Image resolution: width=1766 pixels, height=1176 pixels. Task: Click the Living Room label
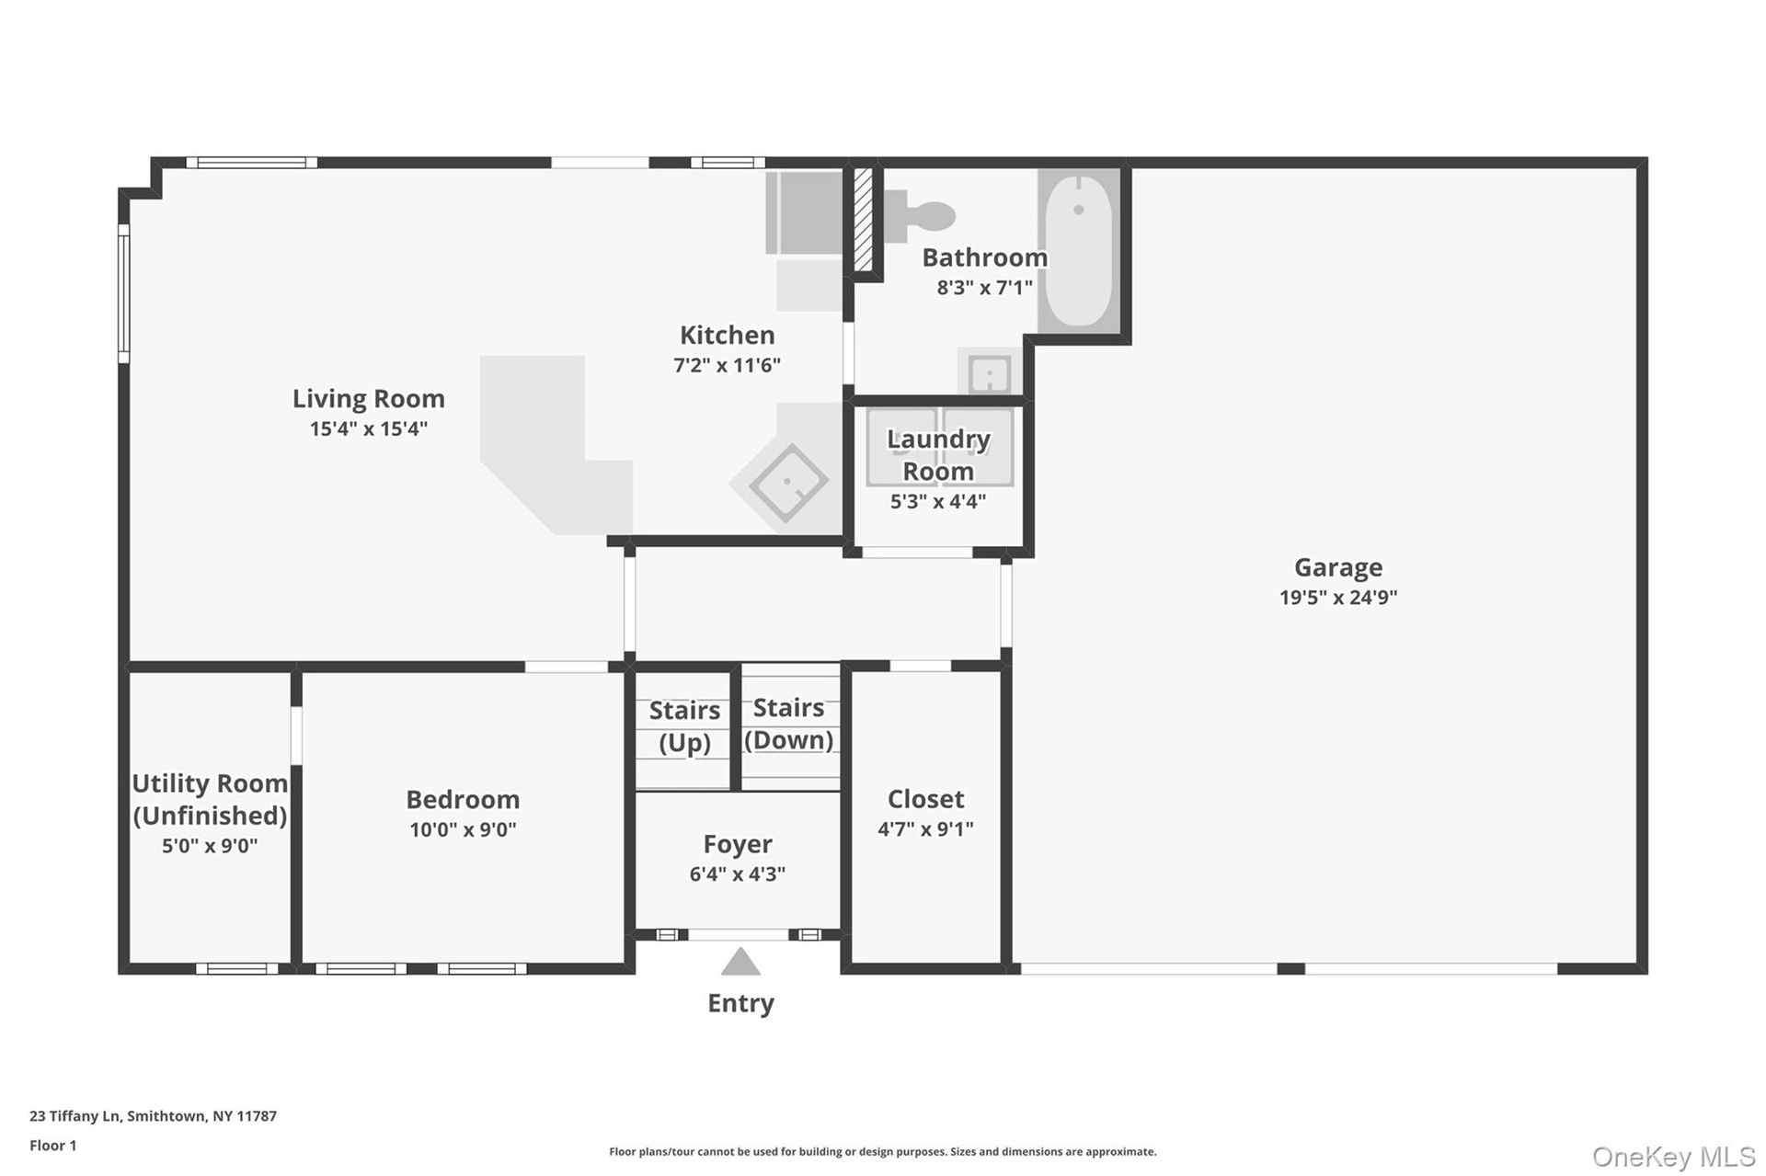tap(368, 398)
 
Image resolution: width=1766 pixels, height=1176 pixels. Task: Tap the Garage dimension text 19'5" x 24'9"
tap(1338, 598)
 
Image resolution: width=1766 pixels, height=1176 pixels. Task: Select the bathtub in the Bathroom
tap(1079, 250)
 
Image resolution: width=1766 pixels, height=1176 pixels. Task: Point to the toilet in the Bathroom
tap(919, 216)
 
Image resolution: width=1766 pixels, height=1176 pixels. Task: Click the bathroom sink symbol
tap(990, 373)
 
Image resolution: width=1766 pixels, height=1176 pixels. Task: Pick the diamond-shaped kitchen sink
tap(788, 483)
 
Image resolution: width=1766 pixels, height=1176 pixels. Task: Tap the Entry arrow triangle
tap(740, 962)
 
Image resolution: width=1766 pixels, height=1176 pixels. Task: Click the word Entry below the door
tap(740, 1003)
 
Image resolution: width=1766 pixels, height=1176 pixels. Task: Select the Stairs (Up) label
tap(684, 726)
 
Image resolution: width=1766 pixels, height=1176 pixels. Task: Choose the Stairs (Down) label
tap(789, 724)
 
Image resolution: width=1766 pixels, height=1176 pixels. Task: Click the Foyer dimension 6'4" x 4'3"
tap(738, 874)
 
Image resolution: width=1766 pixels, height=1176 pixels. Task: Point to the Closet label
tap(925, 799)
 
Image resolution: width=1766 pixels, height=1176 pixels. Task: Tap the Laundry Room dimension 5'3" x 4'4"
tap(938, 502)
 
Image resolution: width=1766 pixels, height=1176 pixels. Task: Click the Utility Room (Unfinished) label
tap(210, 799)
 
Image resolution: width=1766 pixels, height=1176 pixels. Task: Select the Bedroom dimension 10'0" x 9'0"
tap(463, 830)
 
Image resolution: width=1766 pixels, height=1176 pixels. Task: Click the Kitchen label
tap(727, 335)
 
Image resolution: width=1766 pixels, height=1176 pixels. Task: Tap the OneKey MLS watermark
tap(1673, 1157)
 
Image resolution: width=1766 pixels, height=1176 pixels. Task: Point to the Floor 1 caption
tap(53, 1146)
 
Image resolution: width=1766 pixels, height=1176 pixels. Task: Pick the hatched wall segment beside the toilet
tap(863, 219)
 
